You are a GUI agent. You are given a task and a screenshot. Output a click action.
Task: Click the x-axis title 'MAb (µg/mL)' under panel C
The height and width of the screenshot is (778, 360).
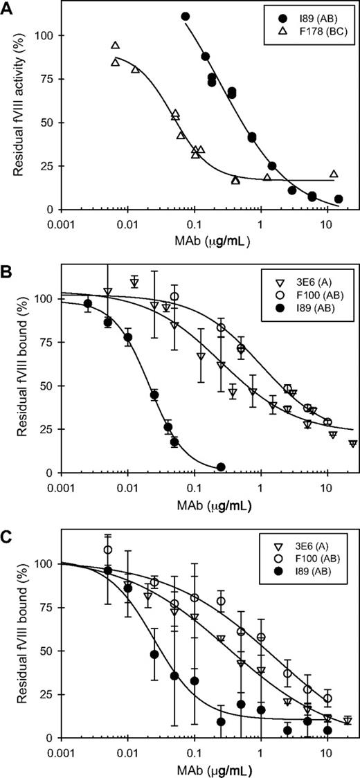[x=201, y=770]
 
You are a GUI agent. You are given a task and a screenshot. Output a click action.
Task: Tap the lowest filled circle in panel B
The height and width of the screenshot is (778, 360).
[x=222, y=467]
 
